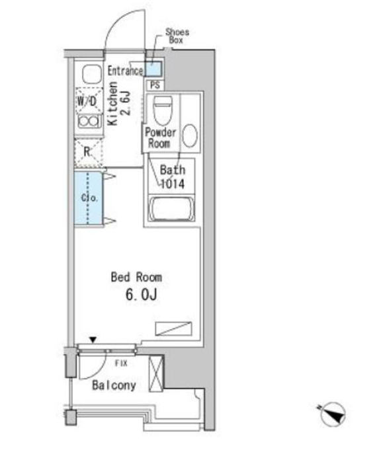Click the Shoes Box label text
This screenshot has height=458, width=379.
[177, 36]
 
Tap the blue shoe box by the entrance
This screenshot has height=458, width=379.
[153, 69]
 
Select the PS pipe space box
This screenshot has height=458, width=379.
[155, 85]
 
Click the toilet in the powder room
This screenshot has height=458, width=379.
[163, 110]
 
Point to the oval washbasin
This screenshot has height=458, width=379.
[190, 136]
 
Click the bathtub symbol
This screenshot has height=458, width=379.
[171, 209]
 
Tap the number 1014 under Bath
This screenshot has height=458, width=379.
[173, 184]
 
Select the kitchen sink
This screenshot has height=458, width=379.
[92, 74]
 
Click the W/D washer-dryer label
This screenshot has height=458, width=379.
[87, 101]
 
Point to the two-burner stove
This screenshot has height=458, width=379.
[89, 121]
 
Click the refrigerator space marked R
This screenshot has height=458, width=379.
[88, 153]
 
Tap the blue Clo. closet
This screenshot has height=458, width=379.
[88, 198]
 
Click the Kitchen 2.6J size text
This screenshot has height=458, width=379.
[119, 103]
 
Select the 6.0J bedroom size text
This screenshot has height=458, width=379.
[141, 295]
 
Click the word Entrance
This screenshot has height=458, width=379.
[125, 71]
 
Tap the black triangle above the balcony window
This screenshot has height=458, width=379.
[93, 340]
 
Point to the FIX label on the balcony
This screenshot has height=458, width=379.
[121, 363]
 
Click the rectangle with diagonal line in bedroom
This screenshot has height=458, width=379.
[173, 328]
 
